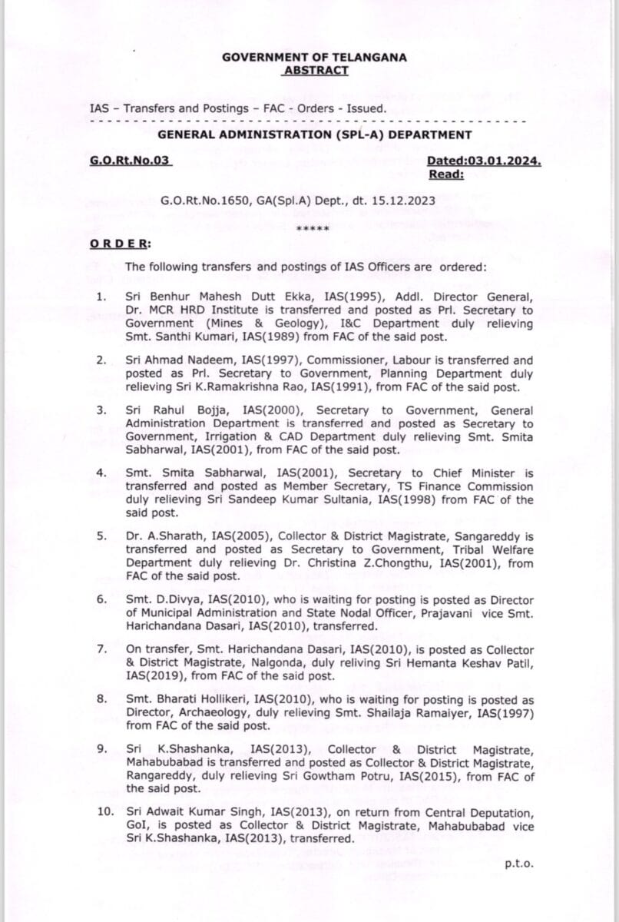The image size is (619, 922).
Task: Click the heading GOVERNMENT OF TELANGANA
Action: pyautogui.click(x=314, y=57)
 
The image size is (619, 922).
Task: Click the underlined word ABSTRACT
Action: pyautogui.click(x=315, y=70)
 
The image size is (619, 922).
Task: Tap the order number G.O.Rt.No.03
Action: pyautogui.click(x=130, y=161)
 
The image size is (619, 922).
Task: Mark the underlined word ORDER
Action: pyautogui.click(x=120, y=244)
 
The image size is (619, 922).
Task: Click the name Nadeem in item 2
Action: pyautogui.click(x=202, y=360)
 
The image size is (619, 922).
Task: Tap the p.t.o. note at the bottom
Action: pyautogui.click(x=518, y=863)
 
